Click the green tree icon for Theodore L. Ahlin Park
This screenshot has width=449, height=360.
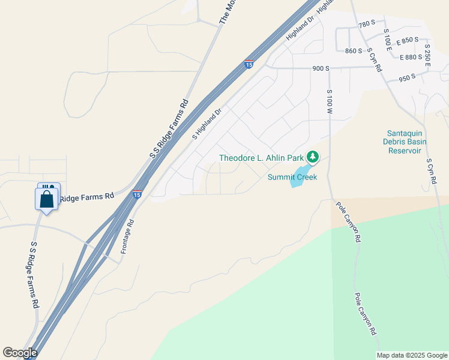point(312,157)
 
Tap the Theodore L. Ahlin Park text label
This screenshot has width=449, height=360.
point(261,158)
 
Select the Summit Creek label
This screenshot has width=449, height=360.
point(291,177)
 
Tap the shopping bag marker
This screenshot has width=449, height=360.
point(46,199)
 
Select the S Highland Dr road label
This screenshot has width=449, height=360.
point(207,124)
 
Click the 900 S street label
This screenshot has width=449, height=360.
point(321,68)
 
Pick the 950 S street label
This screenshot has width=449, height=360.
point(407,77)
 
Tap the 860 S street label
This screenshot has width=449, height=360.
point(354,51)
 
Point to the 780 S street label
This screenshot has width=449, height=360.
point(366,24)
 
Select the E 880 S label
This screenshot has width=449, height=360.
point(411,58)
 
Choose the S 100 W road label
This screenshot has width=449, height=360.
point(330,103)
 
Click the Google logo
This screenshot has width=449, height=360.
point(20,353)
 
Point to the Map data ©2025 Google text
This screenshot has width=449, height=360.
point(412,355)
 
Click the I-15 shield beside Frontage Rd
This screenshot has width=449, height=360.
point(137,194)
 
